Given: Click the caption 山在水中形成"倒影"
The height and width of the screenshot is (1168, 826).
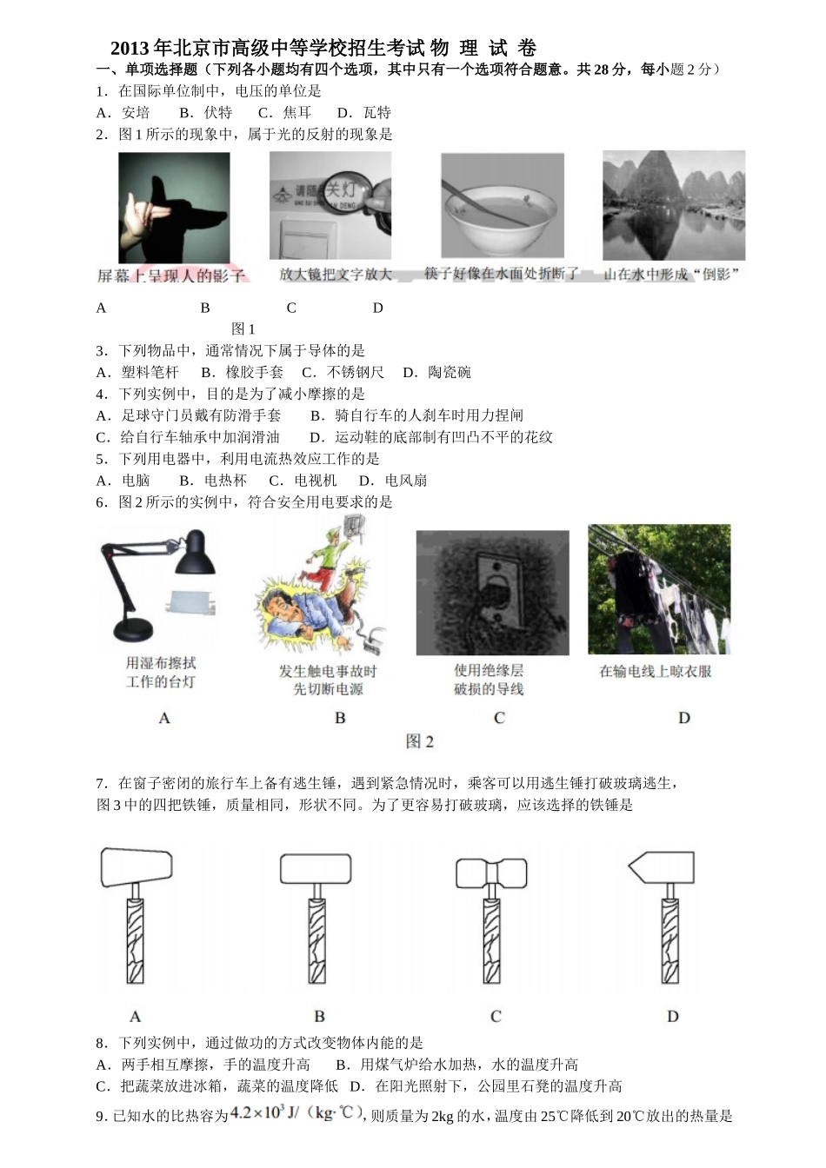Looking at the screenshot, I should pos(672,274).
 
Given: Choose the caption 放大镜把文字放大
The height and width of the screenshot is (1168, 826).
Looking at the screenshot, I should pos(336,274).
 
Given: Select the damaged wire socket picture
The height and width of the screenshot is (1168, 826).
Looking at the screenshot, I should pos(492,592).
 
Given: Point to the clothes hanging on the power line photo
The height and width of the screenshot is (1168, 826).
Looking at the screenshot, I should pos(659,589).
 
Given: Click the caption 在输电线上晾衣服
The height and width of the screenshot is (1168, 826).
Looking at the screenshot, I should pos(656,671).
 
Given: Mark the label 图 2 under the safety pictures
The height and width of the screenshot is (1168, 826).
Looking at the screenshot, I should pos(419,741).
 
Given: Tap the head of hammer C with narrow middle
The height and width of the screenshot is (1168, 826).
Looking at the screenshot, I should pos(491,872).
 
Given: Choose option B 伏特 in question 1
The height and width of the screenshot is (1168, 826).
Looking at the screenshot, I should pos(206,112).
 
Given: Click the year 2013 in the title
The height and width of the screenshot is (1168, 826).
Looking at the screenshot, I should pos(130,49).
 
